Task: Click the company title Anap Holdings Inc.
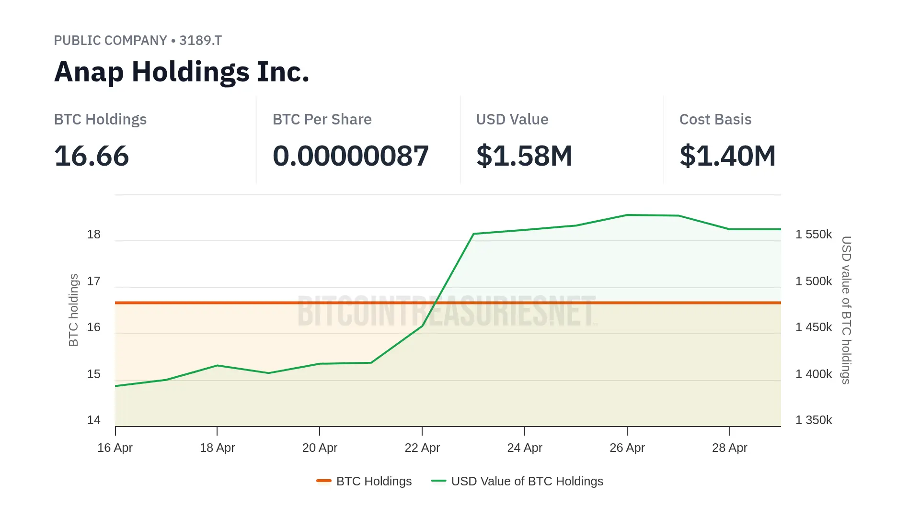(182, 72)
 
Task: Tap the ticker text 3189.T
(200, 41)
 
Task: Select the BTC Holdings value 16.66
(92, 156)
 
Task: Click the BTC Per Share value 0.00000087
(350, 156)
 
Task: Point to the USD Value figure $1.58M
(524, 156)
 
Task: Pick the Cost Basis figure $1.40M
(727, 156)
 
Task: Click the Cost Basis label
(715, 119)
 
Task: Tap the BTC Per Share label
(322, 119)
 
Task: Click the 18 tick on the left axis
(94, 235)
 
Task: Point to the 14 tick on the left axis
(94, 420)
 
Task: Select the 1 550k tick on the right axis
(814, 235)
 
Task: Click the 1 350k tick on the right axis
(814, 420)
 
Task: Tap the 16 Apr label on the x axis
(115, 448)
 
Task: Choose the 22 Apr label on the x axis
(422, 448)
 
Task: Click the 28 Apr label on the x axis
(729, 448)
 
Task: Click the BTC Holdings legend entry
(365, 481)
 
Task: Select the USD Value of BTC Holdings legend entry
(517, 481)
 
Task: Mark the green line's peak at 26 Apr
(627, 215)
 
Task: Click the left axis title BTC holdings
(73, 310)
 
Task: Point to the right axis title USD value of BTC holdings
(846, 310)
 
